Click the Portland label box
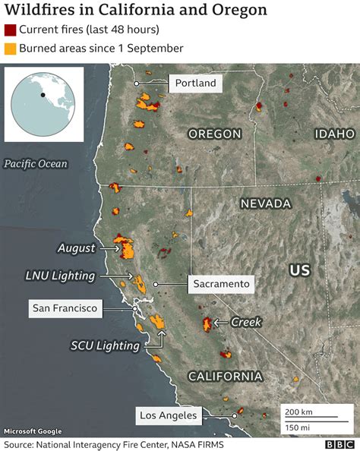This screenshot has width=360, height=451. coord(195,84)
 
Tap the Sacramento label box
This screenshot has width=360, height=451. coord(221,284)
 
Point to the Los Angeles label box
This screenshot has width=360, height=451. coord(169,415)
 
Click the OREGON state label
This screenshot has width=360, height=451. coord(214,134)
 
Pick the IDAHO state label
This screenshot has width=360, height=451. coord(334,134)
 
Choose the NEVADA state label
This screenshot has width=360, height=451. coord(266,203)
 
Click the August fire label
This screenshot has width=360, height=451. coord(77,248)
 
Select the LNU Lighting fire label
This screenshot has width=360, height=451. coord(60,276)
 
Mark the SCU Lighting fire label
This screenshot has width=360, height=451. coord(106,345)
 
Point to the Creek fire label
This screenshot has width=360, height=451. coord(246,323)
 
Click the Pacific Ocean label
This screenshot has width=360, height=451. coord(35,164)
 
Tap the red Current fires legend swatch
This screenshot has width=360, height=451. coord(10,30)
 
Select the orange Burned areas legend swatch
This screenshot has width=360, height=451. coord(10,48)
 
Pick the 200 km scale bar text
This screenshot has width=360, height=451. coord(297,412)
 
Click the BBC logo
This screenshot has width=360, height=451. coord(339,443)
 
